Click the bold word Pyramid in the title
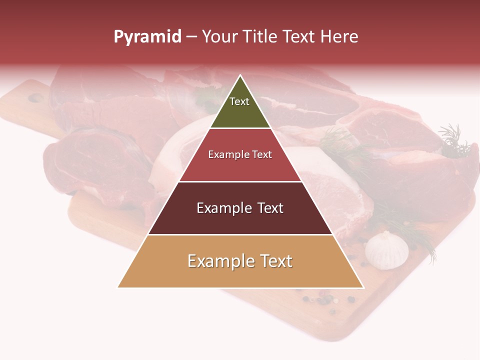pos(147,37)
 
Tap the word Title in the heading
pos(261,36)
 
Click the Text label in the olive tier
pos(239,101)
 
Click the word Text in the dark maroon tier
pos(270,208)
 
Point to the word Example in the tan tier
pos(221,261)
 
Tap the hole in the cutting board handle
pos(35,98)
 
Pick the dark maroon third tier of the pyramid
pos(240,222)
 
